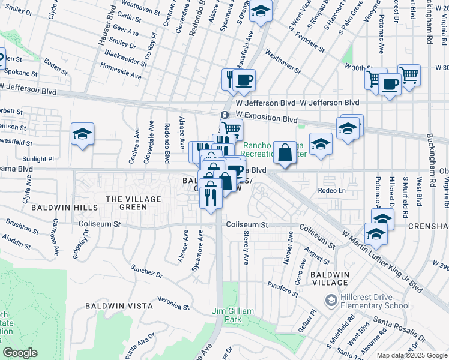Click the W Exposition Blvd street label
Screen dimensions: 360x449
267,113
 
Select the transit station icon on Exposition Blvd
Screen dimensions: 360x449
224,115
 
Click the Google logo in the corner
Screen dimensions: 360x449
20,353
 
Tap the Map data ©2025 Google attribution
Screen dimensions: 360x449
411,355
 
